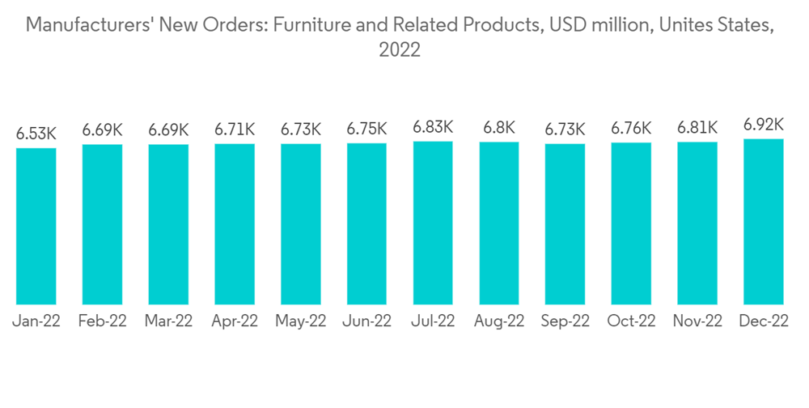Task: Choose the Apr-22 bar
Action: click(x=235, y=224)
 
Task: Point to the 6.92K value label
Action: click(x=764, y=124)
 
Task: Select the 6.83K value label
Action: click(x=433, y=126)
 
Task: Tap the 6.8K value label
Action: click(x=499, y=127)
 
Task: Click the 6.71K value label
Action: click(x=235, y=129)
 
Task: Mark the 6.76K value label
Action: click(x=631, y=128)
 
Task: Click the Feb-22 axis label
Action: click(x=103, y=321)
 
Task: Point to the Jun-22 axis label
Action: click(x=367, y=321)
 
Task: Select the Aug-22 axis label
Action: click(x=499, y=321)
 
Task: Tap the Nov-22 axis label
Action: click(x=697, y=321)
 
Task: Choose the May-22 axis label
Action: click(x=301, y=321)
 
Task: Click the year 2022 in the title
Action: click(x=400, y=50)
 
